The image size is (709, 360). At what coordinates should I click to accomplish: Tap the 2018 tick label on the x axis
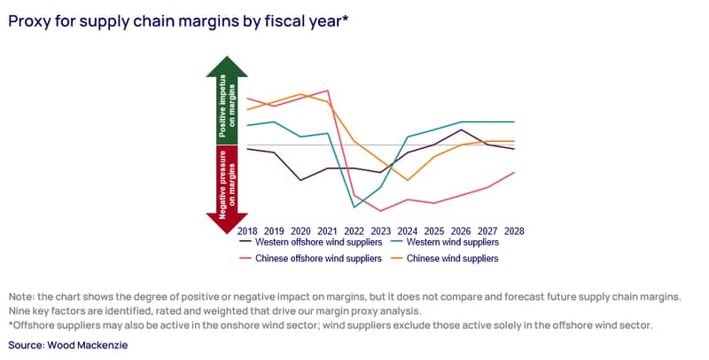point(247,231)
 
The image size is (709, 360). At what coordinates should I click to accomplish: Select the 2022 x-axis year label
point(354,231)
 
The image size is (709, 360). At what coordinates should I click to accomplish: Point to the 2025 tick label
point(434,231)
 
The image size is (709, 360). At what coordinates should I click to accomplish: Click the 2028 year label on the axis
point(514,231)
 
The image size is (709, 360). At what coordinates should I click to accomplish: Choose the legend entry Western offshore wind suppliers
point(311,242)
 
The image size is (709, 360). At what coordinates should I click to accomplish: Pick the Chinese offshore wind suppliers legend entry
point(311,258)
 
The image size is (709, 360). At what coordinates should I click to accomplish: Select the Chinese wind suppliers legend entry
point(446,258)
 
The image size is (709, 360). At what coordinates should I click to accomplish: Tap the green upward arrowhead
point(227,67)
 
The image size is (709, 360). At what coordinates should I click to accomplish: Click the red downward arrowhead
point(227,223)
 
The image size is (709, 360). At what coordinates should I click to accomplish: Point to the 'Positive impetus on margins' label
point(227,106)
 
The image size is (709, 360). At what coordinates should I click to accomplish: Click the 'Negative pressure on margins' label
point(227,184)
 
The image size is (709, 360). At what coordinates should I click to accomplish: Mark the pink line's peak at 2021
point(328,90)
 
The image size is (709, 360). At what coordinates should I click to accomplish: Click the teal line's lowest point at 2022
point(354,207)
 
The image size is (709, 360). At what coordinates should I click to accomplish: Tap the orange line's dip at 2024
point(408,180)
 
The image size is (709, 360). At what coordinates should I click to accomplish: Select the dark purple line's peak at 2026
point(461,129)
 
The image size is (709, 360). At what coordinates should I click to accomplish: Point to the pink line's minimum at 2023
point(381,211)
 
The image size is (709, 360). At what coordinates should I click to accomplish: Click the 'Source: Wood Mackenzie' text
point(68,345)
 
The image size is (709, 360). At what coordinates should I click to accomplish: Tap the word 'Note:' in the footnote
point(21,297)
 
